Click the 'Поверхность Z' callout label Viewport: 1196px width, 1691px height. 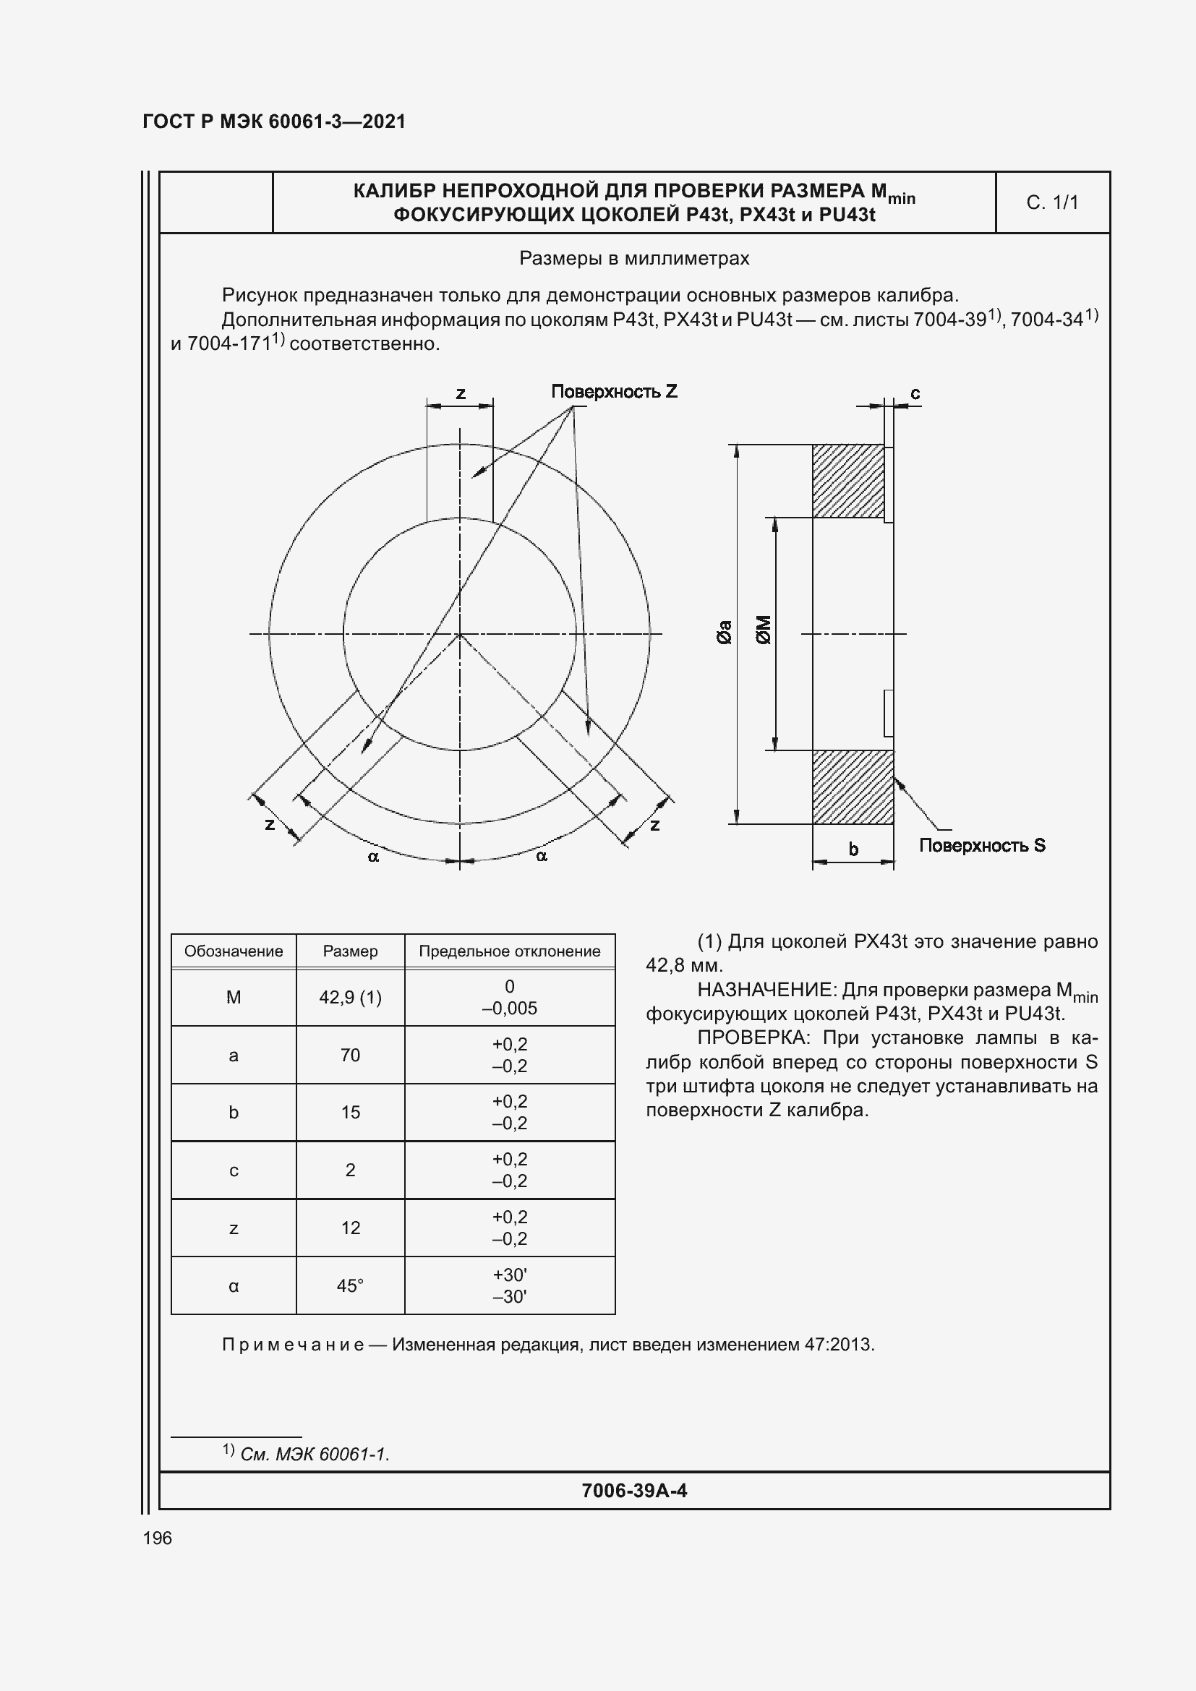pyautogui.click(x=613, y=392)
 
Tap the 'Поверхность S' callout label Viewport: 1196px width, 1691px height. pyautogui.click(x=982, y=846)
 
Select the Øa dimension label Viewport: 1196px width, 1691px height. pyautogui.click(x=725, y=632)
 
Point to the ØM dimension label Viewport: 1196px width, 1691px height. pyautogui.click(x=764, y=630)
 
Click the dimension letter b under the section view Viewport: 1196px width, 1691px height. pyautogui.click(x=853, y=849)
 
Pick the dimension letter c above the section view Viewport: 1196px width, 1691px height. pyautogui.click(x=915, y=394)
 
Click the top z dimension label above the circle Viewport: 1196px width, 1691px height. pyautogui.click(x=461, y=393)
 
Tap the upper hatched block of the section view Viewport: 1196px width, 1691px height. pyautogui.click(x=847, y=481)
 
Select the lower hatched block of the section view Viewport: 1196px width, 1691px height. pyautogui.click(x=852, y=787)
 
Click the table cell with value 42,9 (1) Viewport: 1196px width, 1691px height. pyautogui.click(x=350, y=997)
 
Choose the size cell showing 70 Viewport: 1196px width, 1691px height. pyautogui.click(x=350, y=1055)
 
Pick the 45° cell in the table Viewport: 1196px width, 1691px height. pyautogui.click(x=350, y=1285)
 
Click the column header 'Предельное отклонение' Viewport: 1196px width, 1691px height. pyautogui.click(x=510, y=951)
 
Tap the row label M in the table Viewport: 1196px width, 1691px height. pyautogui.click(x=234, y=997)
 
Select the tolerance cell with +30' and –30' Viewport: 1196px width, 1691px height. pyautogui.click(x=510, y=1285)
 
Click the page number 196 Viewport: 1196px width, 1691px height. pyautogui.click(x=158, y=1538)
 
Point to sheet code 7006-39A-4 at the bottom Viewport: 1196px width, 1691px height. pyautogui.click(x=634, y=1491)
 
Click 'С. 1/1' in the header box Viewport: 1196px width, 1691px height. pyautogui.click(x=1051, y=202)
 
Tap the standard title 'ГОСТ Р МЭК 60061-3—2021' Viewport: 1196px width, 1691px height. pyautogui.click(x=274, y=121)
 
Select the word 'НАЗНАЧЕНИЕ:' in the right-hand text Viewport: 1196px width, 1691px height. pyautogui.click(x=766, y=989)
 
